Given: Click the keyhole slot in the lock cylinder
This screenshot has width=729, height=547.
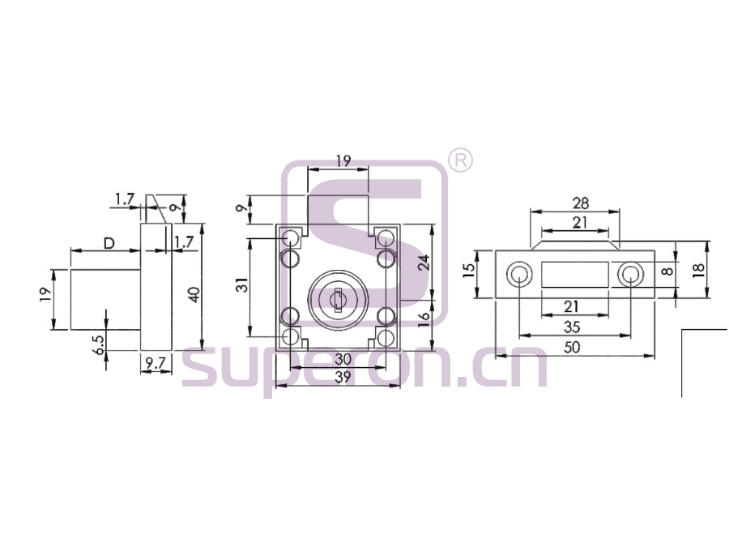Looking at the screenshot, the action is (338, 299).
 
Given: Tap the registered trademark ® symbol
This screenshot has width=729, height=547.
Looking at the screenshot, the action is (460, 160).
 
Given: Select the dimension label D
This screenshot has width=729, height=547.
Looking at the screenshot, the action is (109, 243).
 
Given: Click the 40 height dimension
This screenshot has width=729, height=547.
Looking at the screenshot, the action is (195, 295).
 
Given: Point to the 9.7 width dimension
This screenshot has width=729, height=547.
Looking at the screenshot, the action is (156, 363).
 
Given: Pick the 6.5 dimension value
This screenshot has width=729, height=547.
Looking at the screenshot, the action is (99, 344).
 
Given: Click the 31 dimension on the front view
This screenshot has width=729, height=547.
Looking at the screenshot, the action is (241, 284).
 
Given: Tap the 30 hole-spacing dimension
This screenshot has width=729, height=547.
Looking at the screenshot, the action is (343, 359).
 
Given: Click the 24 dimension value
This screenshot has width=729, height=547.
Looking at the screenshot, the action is (424, 263).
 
